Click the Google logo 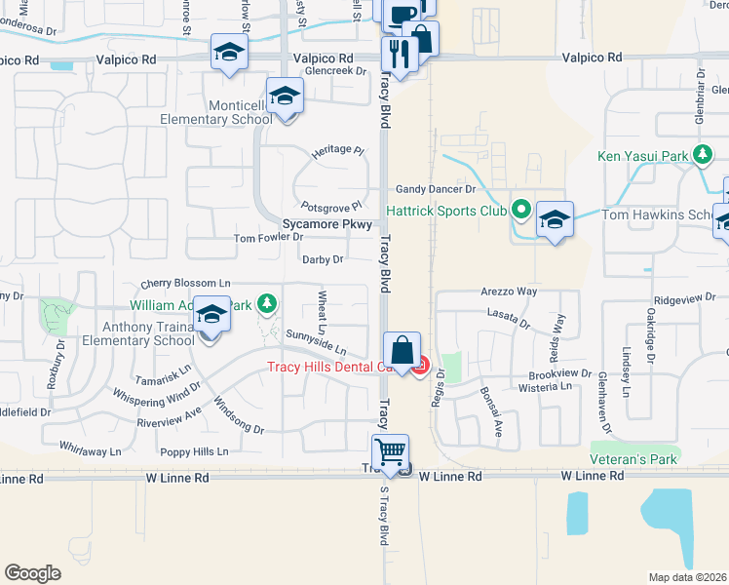32,573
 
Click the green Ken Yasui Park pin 702,154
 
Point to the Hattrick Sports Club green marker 521,210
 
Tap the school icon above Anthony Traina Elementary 211,316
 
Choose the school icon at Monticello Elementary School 285,97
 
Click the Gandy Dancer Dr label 434,189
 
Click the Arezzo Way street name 509,292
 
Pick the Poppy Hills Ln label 194,451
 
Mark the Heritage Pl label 336,153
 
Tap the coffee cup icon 402,13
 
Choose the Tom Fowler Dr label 269,237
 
